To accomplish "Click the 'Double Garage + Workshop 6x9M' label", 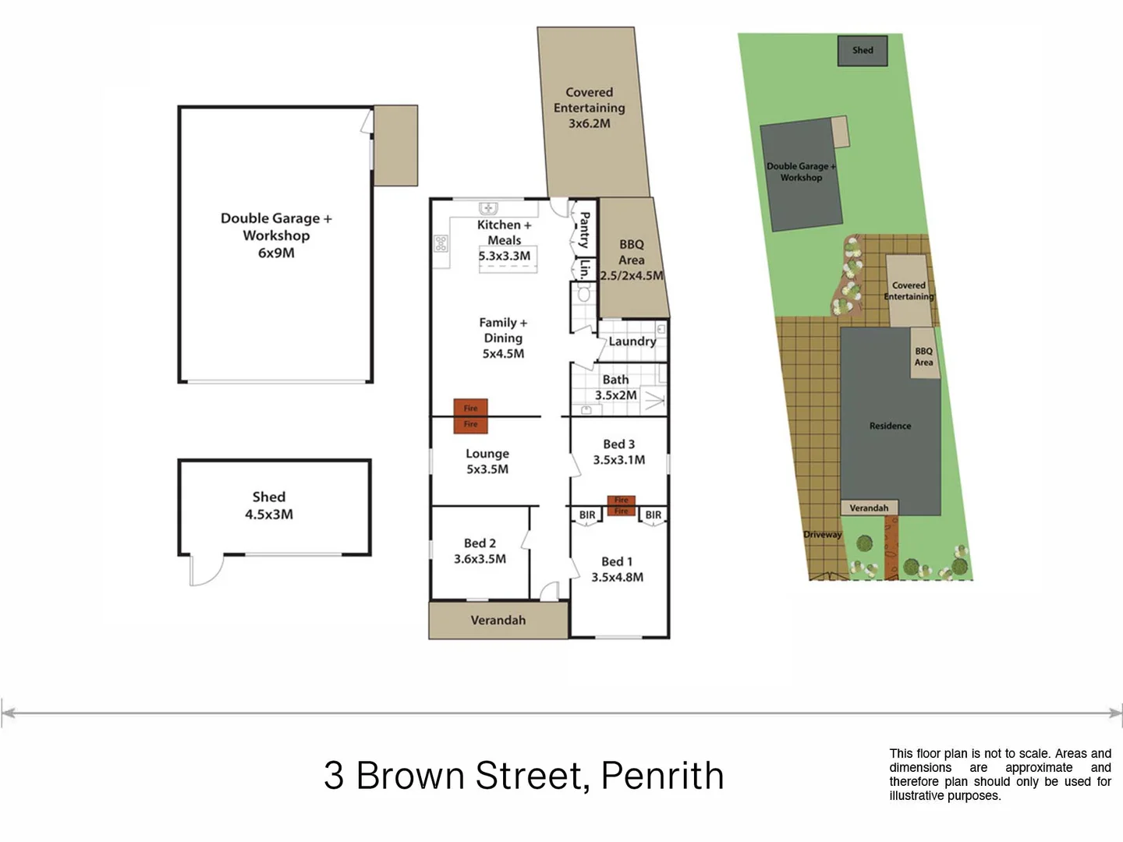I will coord(276,235).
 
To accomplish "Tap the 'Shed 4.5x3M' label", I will coord(269,505).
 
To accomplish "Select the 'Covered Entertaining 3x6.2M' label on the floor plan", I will coord(590,108).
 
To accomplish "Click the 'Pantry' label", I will coord(584,230).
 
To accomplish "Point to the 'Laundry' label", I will coord(632,341).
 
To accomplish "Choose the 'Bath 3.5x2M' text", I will coord(615,387).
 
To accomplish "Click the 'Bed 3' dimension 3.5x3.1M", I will coord(618,460).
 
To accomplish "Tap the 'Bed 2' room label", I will coord(480,543).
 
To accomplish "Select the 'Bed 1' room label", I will coord(617,561).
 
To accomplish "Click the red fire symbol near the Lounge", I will coord(471,416).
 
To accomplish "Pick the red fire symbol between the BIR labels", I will coord(621,506).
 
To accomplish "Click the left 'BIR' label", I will coord(587,515).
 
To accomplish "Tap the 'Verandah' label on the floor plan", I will coord(498,621).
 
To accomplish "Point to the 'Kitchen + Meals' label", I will coord(504,232).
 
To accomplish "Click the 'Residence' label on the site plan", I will coord(890,426).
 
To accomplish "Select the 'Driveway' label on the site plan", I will coord(823,535).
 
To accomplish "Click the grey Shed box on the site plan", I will coord(863,51).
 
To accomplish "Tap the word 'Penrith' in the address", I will coord(662,776).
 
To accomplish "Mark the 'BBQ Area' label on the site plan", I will coord(923,357).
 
